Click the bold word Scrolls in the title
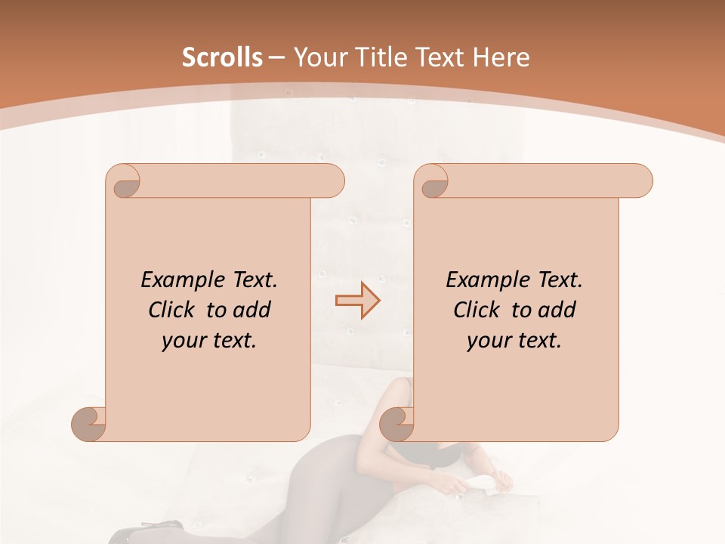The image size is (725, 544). tap(223, 57)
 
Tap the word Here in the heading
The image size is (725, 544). tap(501, 57)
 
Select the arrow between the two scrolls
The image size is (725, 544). tap(357, 300)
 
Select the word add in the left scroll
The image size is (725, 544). tap(252, 310)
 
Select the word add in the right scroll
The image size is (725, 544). tap(557, 310)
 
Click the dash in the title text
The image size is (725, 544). tap(276, 58)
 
